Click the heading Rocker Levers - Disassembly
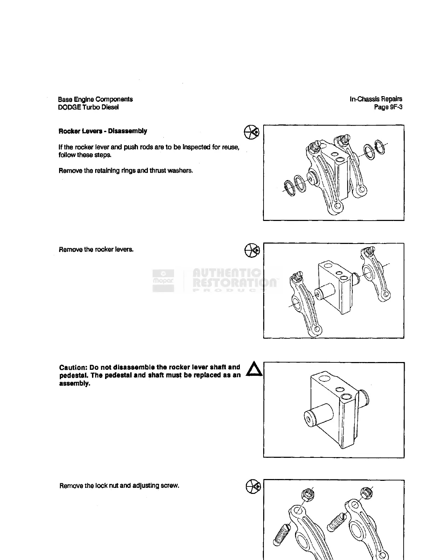(x=103, y=131)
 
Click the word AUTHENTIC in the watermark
(x=227, y=273)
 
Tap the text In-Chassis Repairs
(x=376, y=99)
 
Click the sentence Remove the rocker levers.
(x=96, y=250)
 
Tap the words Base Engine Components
(x=95, y=99)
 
